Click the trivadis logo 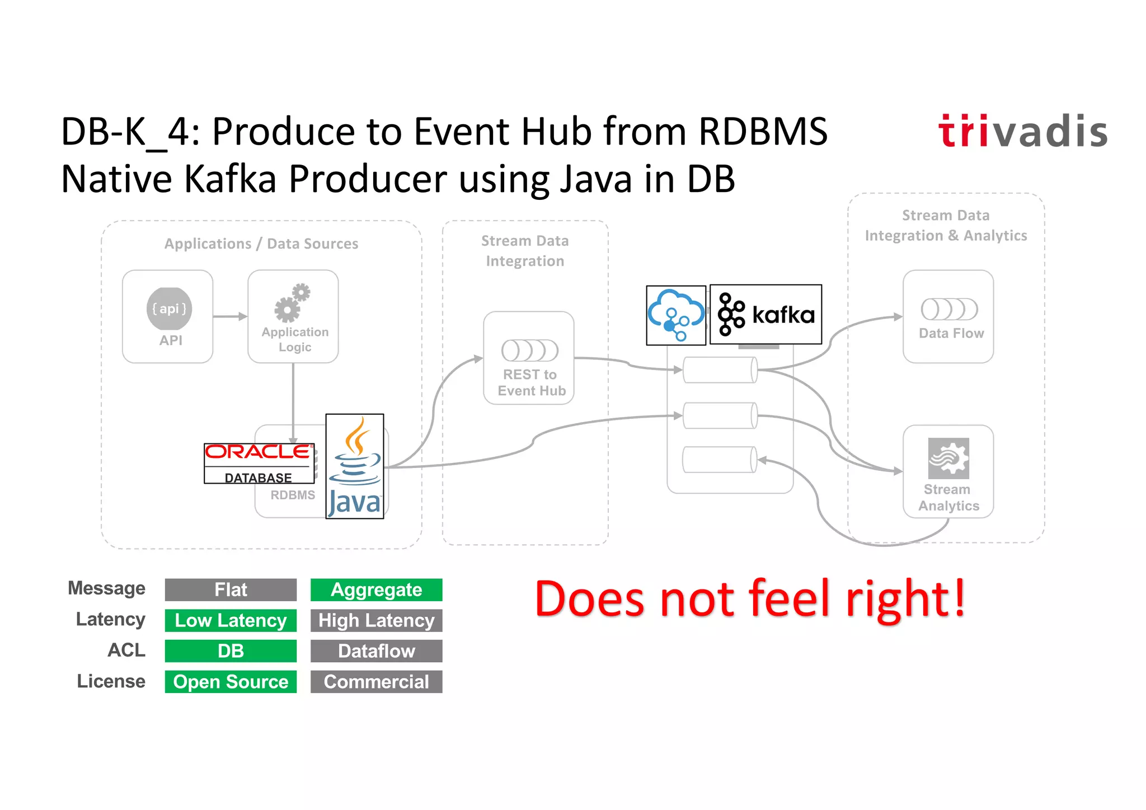coord(1023,132)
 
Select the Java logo coord(355,466)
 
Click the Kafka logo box coord(765,315)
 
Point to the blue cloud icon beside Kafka coord(676,315)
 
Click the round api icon coord(169,308)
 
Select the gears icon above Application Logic coord(293,303)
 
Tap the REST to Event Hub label coord(531,382)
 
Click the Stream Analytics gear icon coord(948,458)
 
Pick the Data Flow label coord(951,333)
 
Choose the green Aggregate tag coord(376,590)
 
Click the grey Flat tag coord(231,590)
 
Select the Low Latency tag coord(231,621)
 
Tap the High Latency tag coord(376,621)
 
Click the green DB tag coord(231,651)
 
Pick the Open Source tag coord(231,682)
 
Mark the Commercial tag coord(376,682)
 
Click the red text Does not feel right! coord(750,599)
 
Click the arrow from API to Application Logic coord(230,316)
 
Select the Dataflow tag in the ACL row coord(376,651)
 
